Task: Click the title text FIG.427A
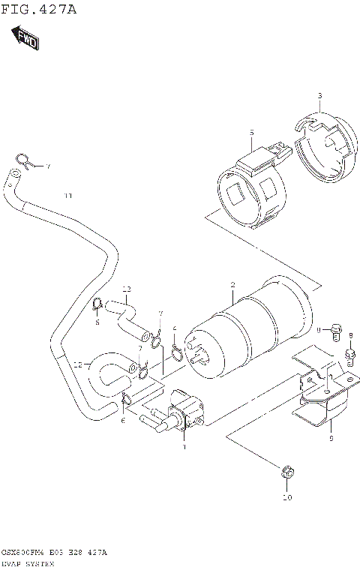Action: pyautogui.click(x=38, y=10)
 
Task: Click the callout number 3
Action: pyautogui.click(x=319, y=96)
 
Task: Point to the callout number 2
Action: pyautogui.click(x=232, y=284)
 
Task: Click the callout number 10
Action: pyautogui.click(x=286, y=496)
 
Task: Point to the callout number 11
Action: pyautogui.click(x=67, y=196)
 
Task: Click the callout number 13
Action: pyautogui.click(x=126, y=289)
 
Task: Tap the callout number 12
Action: pyautogui.click(x=78, y=365)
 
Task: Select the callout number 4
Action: pyautogui.click(x=175, y=328)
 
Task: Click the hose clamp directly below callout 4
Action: pyautogui.click(x=175, y=352)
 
